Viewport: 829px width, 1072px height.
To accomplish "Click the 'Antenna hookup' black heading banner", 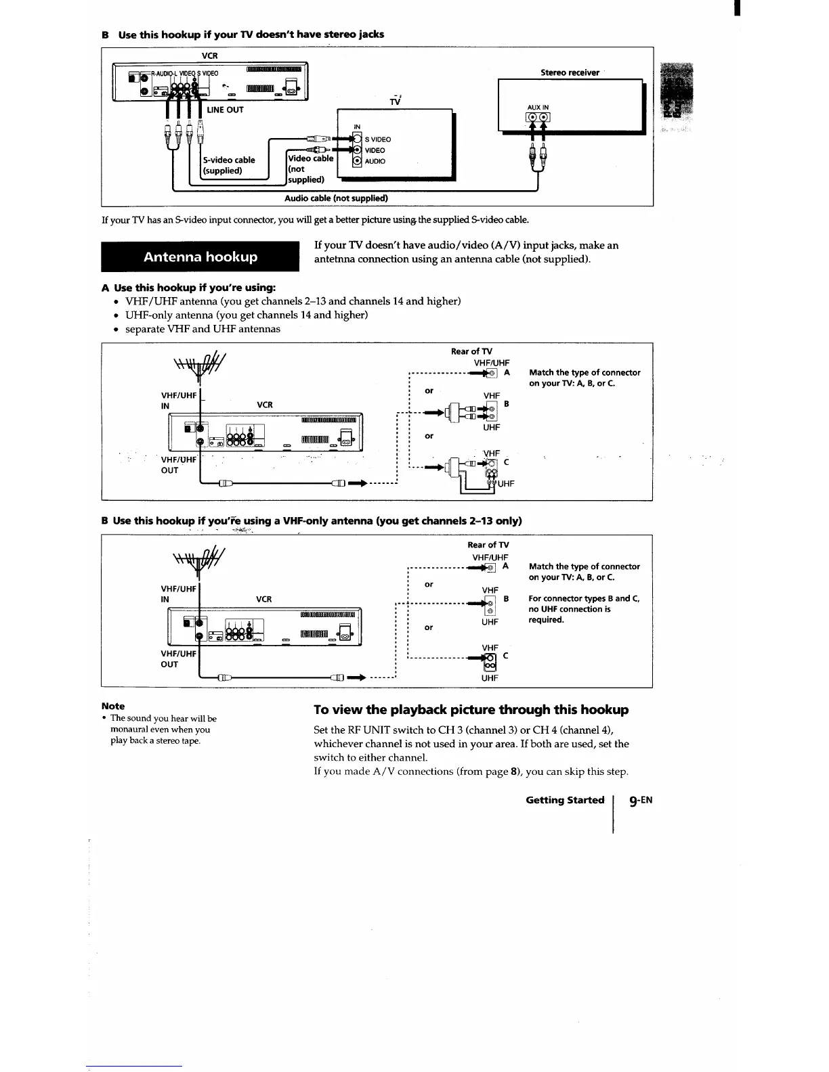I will click(x=200, y=256).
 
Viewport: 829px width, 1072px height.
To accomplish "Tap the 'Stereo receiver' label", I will click(x=570, y=72).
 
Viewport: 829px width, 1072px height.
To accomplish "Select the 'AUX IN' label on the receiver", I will click(x=538, y=107).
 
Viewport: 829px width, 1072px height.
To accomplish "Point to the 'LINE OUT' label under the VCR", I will click(x=226, y=110).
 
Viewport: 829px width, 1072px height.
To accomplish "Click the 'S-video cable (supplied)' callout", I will click(x=229, y=165).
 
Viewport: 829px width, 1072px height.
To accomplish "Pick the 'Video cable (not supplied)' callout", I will click(x=310, y=169).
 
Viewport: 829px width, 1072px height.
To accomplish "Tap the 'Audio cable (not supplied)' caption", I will click(x=335, y=198).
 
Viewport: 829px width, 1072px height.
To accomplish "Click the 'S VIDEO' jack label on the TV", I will click(x=378, y=139).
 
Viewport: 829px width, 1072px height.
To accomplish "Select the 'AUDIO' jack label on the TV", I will click(x=375, y=161).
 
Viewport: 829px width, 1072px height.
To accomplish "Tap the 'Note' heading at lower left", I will click(x=112, y=706).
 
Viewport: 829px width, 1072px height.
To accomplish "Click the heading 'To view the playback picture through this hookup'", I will click(x=471, y=709).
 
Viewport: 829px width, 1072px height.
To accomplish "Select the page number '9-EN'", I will click(x=640, y=800).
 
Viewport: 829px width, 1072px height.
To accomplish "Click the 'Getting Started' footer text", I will click(x=565, y=800).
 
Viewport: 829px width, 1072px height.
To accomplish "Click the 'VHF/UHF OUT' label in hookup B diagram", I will click(x=178, y=658).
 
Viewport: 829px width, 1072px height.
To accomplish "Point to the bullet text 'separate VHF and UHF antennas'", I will click(x=203, y=329).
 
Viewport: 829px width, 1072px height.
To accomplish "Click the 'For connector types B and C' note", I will click(x=584, y=609).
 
